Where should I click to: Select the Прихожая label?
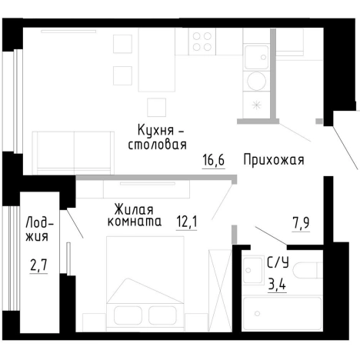[273, 161]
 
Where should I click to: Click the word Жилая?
[133, 208]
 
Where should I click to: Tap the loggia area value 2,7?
[38, 268]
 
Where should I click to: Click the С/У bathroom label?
[278, 262]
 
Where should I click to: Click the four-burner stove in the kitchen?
[203, 41]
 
